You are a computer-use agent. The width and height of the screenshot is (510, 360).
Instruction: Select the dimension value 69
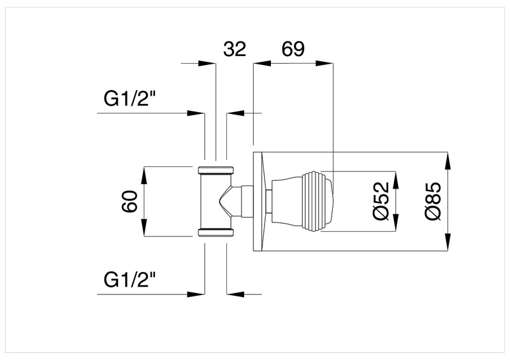point(293,50)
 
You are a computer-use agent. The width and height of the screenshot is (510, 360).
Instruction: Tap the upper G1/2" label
point(130,100)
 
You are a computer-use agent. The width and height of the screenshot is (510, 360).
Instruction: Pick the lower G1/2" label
point(130,280)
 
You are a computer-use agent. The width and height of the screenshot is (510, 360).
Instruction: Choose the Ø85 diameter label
point(433,201)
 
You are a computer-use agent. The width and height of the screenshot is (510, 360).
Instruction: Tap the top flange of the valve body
point(216,171)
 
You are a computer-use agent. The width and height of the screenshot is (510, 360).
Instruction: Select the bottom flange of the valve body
point(216,231)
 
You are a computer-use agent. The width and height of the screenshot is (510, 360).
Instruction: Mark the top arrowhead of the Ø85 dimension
point(449,159)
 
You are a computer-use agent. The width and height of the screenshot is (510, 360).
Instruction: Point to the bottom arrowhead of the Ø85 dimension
point(449,243)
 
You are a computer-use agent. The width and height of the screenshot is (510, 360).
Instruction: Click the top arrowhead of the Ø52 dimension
point(396,179)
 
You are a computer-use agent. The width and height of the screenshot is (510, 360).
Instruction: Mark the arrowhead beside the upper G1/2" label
point(197,113)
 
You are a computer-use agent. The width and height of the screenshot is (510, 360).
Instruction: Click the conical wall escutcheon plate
point(258,201)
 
